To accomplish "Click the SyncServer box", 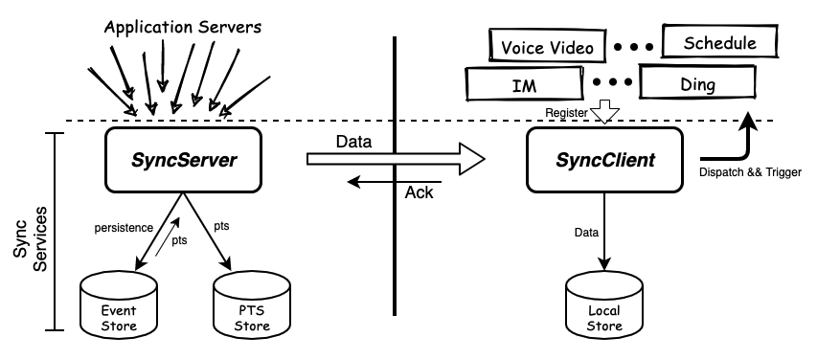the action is pos(183,160).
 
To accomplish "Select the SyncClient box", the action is pos(604,160).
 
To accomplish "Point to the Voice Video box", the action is pos(547,45).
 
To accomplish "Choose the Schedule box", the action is pos(719,41).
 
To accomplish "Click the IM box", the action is pos(524,83).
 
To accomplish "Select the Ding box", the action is pos(697,81).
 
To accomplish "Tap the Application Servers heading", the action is pos(182,27).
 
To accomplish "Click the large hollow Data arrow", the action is pos(396,159).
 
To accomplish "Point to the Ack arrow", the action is pos(395,182).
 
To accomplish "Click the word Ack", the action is pos(419,192).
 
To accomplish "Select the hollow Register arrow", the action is pos(604,111).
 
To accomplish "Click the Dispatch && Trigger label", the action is pos(750,172).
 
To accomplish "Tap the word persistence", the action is pos(124,228).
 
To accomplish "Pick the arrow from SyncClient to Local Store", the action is pos(604,232).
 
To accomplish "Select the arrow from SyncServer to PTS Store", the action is pos(207,232).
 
